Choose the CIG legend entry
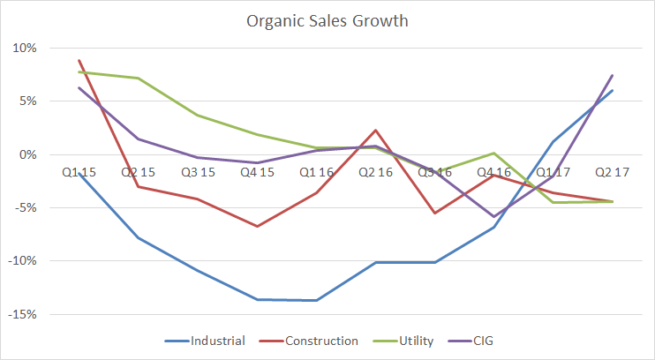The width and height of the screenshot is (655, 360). click(480, 340)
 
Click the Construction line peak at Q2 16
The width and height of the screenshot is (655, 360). click(375, 130)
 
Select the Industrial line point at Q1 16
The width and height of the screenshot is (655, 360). click(316, 300)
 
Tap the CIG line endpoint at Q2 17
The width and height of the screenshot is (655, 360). click(613, 75)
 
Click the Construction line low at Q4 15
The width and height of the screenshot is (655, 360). click(257, 227)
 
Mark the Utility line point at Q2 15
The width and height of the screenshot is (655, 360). click(138, 79)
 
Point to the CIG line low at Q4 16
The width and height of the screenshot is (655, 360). click(494, 216)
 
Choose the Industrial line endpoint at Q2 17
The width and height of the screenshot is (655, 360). click(613, 90)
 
